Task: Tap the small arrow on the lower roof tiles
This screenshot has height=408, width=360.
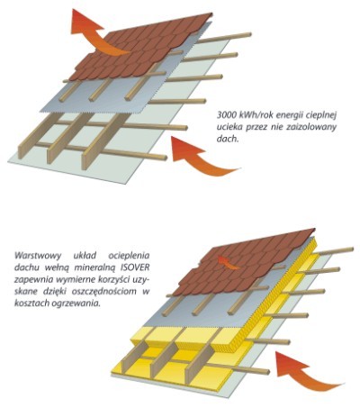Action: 228,261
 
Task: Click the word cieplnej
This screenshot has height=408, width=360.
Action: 321,115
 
